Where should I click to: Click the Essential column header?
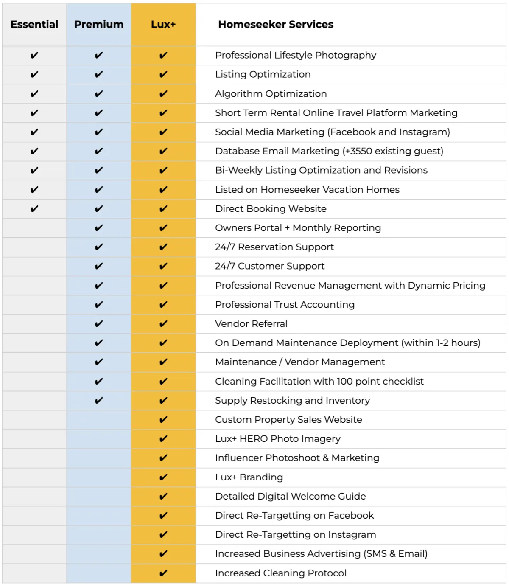pyautogui.click(x=34, y=25)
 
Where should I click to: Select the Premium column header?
pyautogui.click(x=99, y=25)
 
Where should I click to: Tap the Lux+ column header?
pyautogui.click(x=163, y=25)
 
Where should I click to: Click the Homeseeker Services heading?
pyautogui.click(x=276, y=25)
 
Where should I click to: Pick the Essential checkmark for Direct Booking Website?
pyautogui.click(x=34, y=209)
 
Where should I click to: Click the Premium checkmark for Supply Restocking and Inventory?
pyautogui.click(x=99, y=401)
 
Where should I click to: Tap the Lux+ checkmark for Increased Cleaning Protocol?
pyautogui.click(x=163, y=573)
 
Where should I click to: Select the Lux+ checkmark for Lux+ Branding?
pyautogui.click(x=163, y=477)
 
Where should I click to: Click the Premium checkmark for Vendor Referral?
pyautogui.click(x=99, y=324)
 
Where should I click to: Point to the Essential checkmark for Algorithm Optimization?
pyautogui.click(x=34, y=94)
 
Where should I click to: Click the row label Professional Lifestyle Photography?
pyautogui.click(x=296, y=55)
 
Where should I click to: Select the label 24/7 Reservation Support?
pyautogui.click(x=274, y=247)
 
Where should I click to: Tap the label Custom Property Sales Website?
pyautogui.click(x=288, y=420)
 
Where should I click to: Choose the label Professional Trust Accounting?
pyautogui.click(x=285, y=305)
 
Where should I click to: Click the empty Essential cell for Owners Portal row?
pyautogui.click(x=34, y=228)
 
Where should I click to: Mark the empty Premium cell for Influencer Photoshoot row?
pyautogui.click(x=99, y=458)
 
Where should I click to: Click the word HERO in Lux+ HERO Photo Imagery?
pyautogui.click(x=253, y=439)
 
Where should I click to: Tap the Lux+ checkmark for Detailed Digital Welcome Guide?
pyautogui.click(x=163, y=497)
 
